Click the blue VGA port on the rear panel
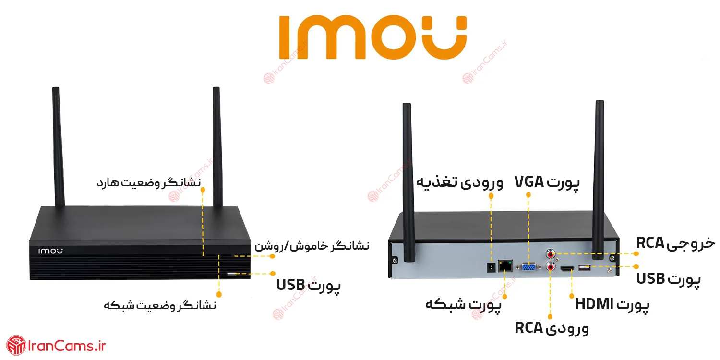tap(528, 267)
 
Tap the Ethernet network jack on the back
tap(504, 265)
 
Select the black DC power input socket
tap(491, 267)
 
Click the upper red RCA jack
tap(551, 254)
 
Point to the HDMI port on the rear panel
tap(567, 268)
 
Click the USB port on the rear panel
tap(584, 267)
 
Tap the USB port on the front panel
tap(231, 274)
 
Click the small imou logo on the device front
tap(50, 251)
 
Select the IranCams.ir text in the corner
tap(67, 346)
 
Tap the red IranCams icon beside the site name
tap(16, 345)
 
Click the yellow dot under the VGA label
tap(528, 195)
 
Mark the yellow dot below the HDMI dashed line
tap(572, 296)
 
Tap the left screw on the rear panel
tap(395, 260)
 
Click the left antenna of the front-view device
tap(58, 147)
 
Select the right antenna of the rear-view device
tap(599, 180)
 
